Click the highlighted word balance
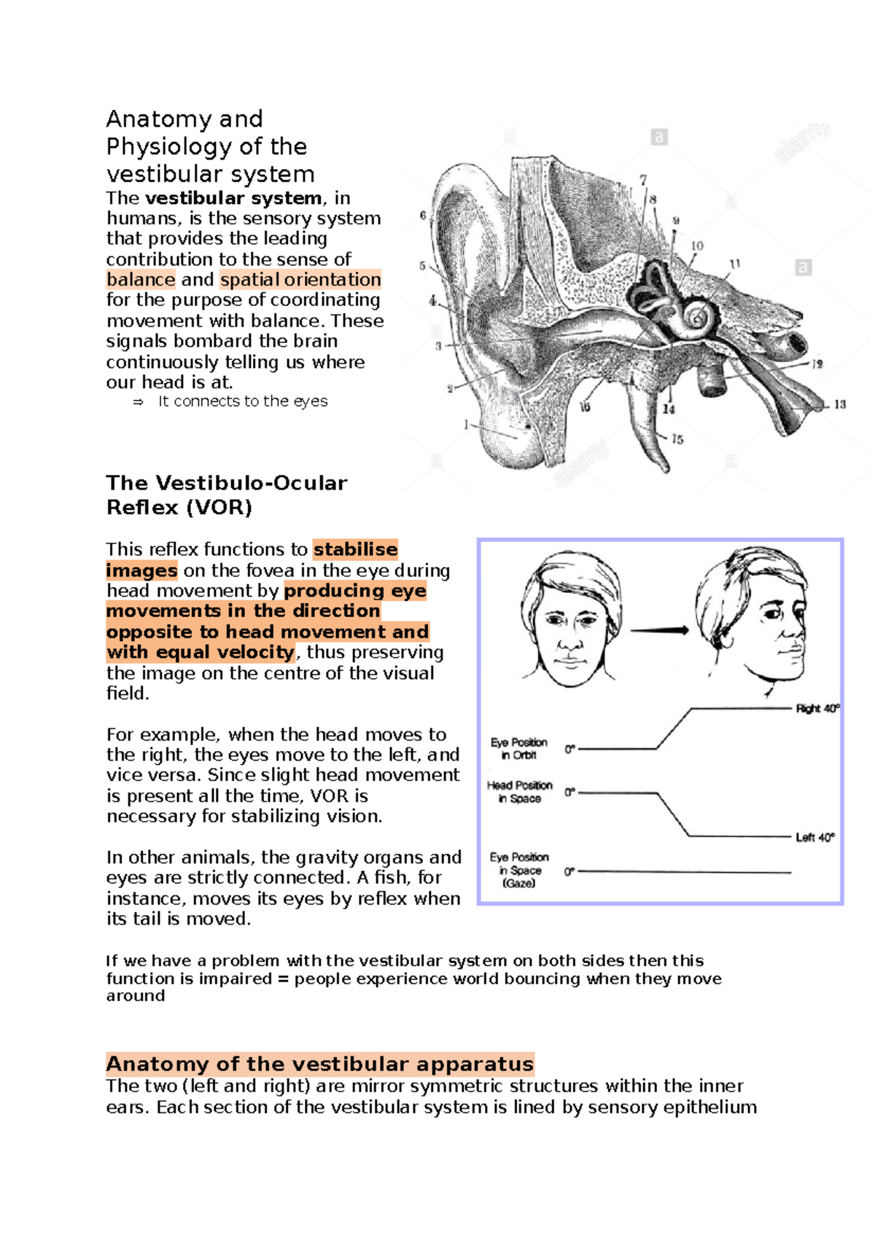point(141,280)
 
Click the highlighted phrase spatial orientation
point(300,280)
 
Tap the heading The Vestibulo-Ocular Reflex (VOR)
point(226,495)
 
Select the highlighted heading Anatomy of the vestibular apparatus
point(319,1064)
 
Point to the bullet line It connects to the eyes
point(242,401)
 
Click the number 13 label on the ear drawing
point(840,404)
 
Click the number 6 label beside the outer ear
point(423,216)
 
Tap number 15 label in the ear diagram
point(677,439)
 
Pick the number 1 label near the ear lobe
point(466,424)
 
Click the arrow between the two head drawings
point(659,631)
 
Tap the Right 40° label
point(817,709)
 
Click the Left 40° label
point(814,838)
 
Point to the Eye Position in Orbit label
point(518,749)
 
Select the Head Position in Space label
point(519,792)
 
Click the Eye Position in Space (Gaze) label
point(519,870)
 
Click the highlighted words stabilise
point(355,549)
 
